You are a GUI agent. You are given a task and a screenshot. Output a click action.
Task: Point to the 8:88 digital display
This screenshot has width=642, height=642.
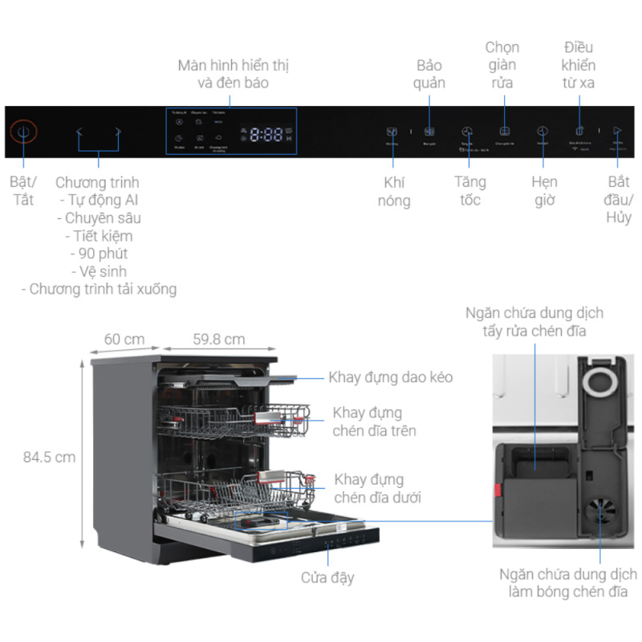pyautogui.click(x=266, y=135)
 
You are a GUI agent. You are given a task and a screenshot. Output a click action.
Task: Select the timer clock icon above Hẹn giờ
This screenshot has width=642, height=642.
pyautogui.click(x=543, y=131)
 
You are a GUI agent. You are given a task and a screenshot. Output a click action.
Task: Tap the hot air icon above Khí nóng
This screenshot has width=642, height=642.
pyautogui.click(x=392, y=132)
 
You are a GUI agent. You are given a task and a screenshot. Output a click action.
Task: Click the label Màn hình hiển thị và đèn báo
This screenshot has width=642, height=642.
pyautogui.click(x=233, y=74)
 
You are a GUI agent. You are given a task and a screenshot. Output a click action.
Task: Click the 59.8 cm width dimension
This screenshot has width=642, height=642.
pyautogui.click(x=218, y=339)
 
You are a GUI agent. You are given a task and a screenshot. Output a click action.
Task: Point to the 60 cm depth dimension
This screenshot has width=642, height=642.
pyautogui.click(x=124, y=339)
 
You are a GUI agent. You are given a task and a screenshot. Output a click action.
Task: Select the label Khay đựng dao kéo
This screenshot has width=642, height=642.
pyautogui.click(x=391, y=377)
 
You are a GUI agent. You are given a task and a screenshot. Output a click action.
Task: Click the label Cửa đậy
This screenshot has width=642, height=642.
pyautogui.click(x=327, y=577)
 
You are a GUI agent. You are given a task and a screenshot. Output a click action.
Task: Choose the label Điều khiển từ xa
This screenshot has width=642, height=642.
pyautogui.click(x=579, y=64)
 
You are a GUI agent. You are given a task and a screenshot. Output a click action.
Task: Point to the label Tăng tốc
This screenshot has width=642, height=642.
pyautogui.click(x=469, y=191)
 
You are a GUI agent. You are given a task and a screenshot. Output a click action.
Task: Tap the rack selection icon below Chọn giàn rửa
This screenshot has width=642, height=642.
pyautogui.click(x=504, y=131)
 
